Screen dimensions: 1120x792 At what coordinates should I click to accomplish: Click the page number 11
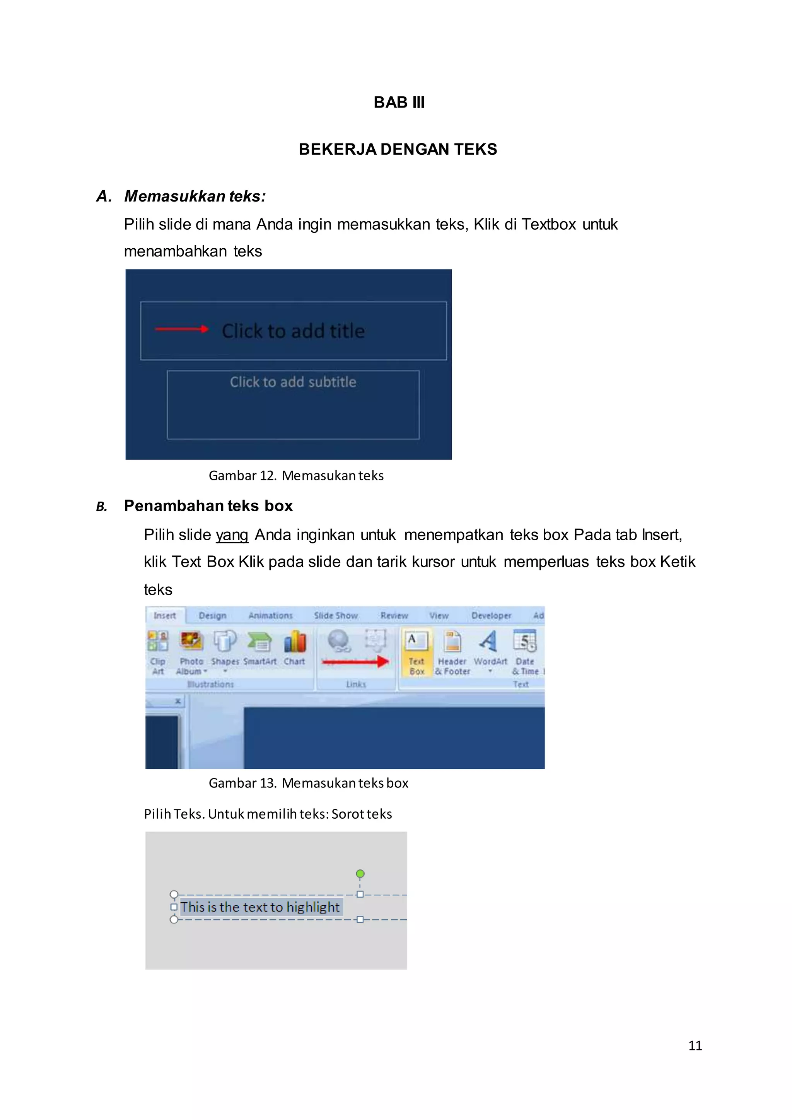tap(695, 1045)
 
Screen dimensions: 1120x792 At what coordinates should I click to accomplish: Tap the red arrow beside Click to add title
tap(181, 329)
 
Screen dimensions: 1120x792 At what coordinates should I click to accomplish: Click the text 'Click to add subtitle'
tap(293, 382)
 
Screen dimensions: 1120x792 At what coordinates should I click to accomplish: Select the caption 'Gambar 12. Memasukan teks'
tap(296, 476)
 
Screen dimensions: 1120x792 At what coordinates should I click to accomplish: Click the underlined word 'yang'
tap(232, 535)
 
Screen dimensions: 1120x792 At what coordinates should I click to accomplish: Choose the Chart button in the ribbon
tap(295, 649)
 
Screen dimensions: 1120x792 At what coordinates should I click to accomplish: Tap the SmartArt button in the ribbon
tap(260, 649)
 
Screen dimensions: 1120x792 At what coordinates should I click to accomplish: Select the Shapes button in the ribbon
tap(225, 649)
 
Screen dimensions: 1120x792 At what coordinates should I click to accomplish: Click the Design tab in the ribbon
tap(213, 616)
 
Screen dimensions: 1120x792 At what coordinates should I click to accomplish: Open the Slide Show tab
tap(336, 616)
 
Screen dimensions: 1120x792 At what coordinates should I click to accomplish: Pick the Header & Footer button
tap(452, 651)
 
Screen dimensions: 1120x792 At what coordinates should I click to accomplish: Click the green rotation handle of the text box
tap(360, 874)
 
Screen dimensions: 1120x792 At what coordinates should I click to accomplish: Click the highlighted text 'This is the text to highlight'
tap(260, 907)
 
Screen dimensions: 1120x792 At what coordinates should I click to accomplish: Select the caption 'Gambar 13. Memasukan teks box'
tap(308, 783)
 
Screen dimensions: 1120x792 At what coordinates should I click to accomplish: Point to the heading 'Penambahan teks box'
tap(208, 506)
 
